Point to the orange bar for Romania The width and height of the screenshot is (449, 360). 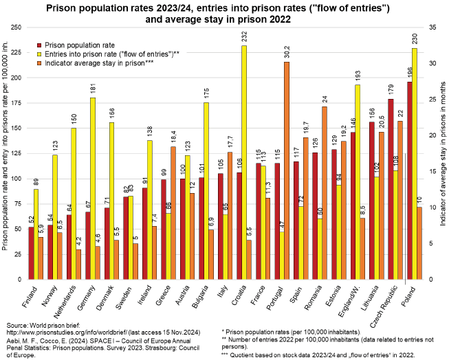pos(324,193)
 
